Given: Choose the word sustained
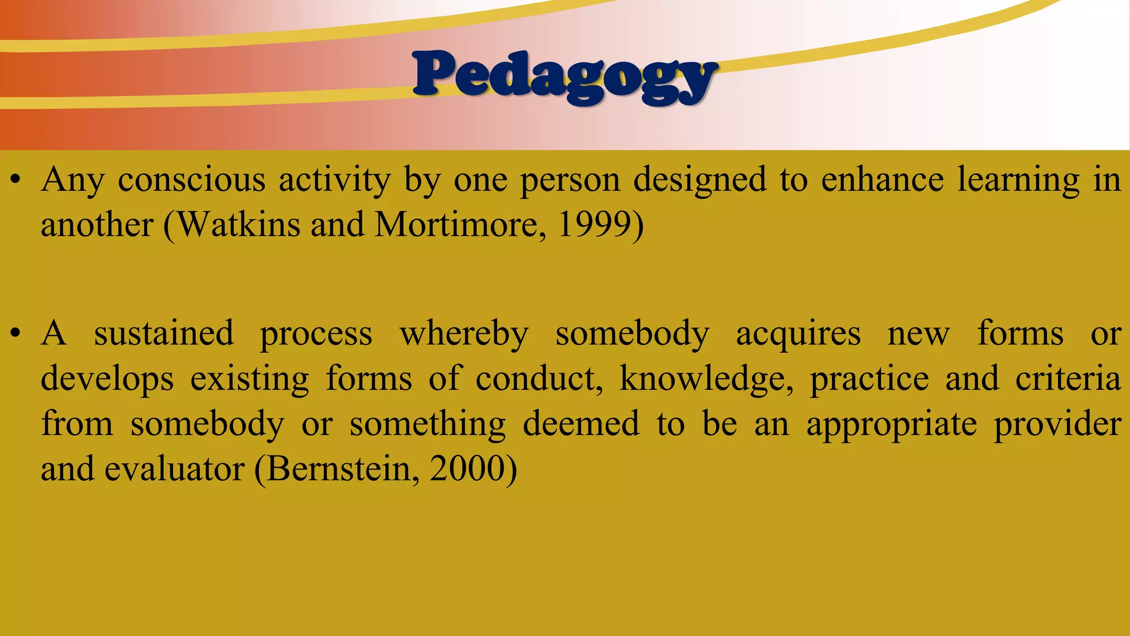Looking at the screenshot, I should point(164,334).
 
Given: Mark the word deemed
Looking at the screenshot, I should point(580,424).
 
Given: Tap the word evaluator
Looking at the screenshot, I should point(174,469).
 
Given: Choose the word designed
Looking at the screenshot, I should point(700,181).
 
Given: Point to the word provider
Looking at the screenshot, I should point(1057,425).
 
